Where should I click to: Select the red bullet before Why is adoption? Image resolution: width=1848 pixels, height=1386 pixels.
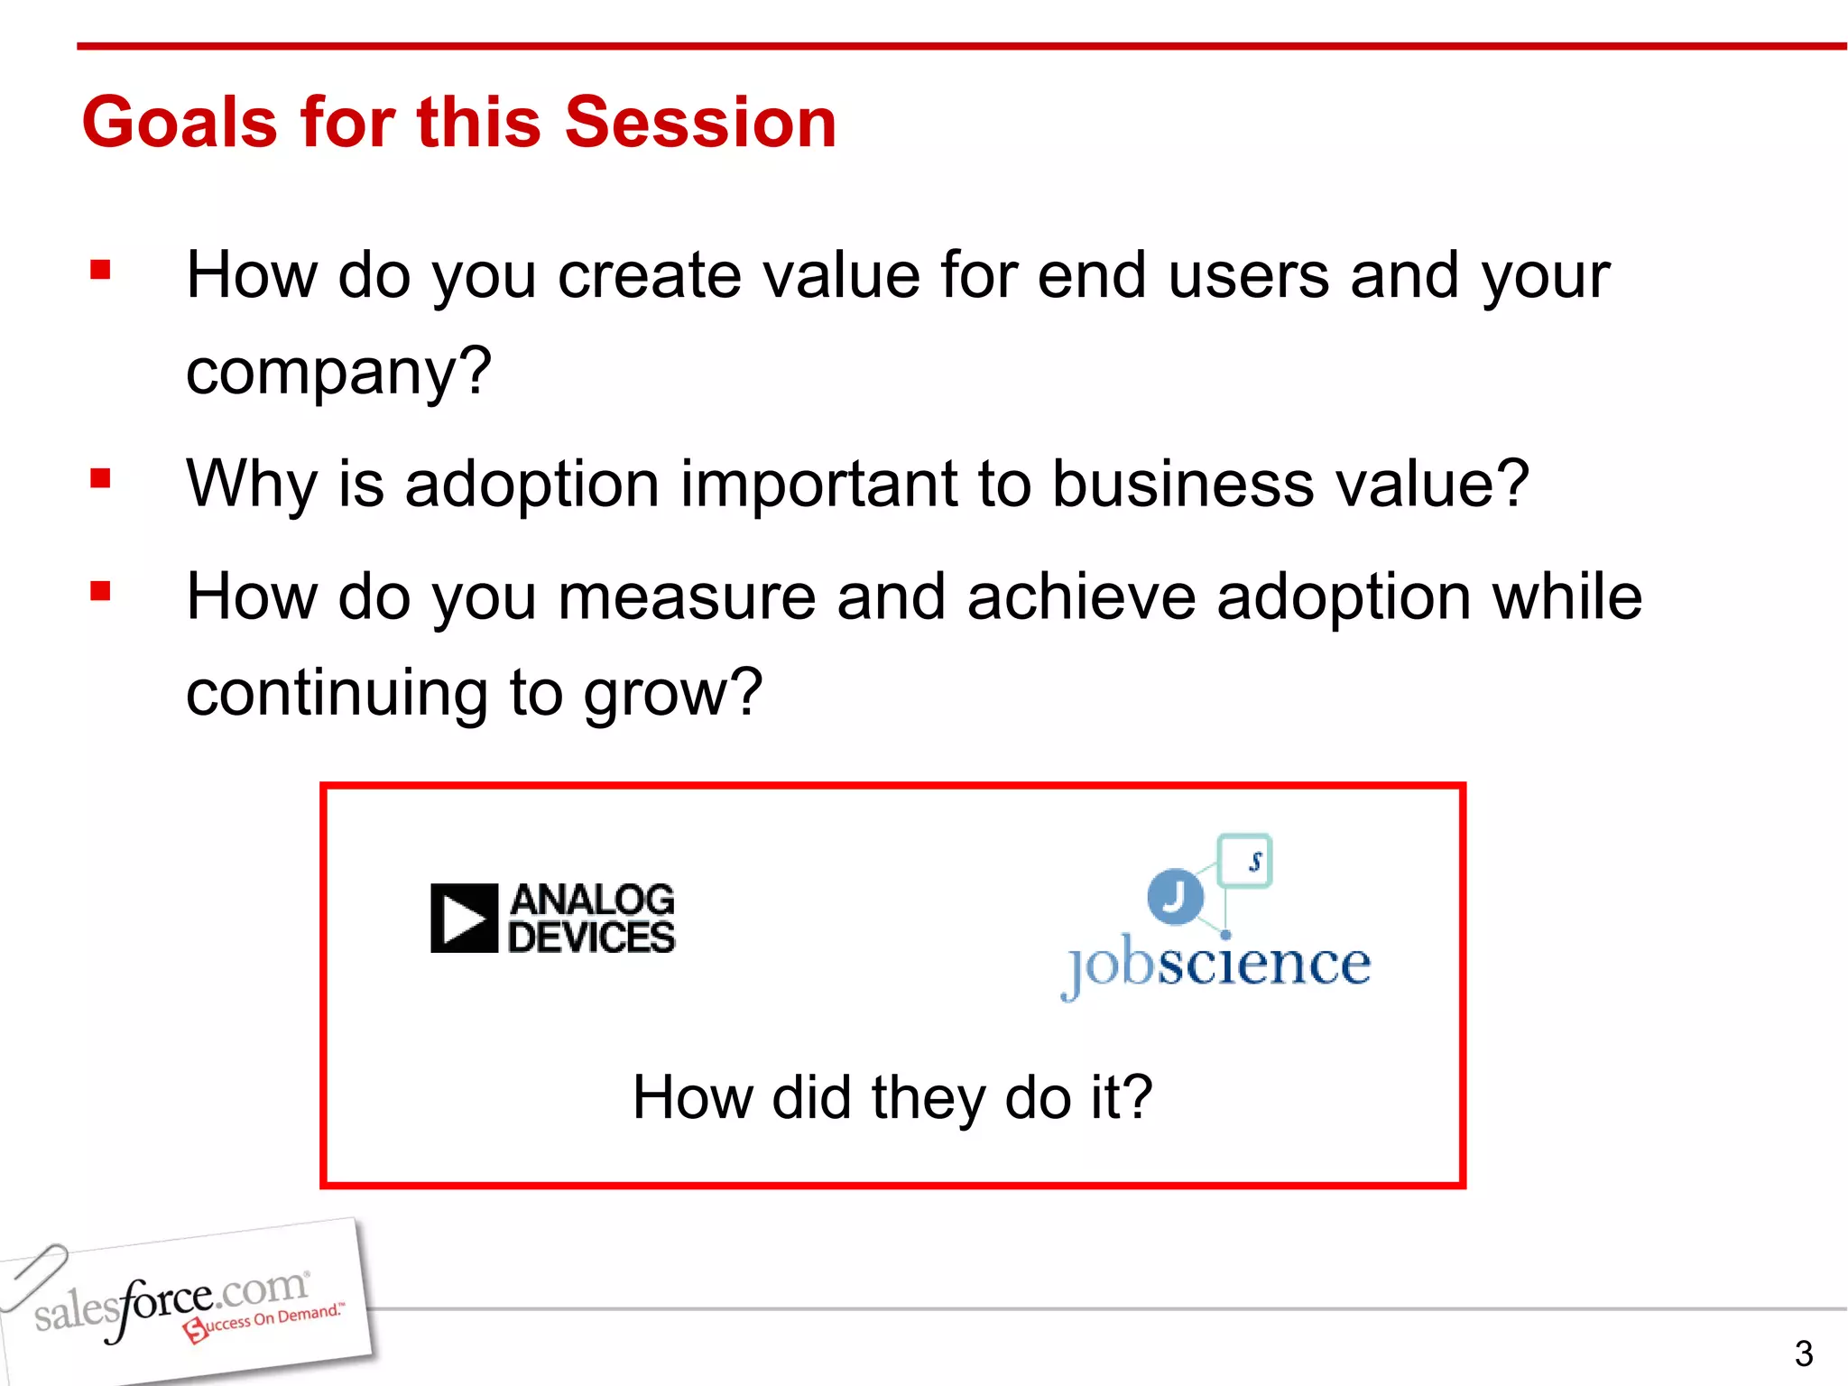point(100,478)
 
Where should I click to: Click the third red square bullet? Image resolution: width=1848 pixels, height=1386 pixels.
point(100,592)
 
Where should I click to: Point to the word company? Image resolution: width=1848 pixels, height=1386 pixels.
point(338,372)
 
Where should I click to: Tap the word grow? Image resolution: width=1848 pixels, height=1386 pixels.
point(672,693)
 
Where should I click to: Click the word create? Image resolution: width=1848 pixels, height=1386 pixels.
point(649,275)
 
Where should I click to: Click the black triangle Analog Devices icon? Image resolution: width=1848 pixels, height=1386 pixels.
point(464,919)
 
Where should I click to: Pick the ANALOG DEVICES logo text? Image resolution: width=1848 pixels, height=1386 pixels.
point(591,919)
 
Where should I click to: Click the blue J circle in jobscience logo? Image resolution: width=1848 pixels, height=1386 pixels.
point(1175,896)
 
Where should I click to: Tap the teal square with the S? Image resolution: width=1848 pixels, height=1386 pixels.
point(1245,861)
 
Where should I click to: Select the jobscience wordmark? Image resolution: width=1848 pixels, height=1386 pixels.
point(1216,966)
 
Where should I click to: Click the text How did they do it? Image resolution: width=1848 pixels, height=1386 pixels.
point(892,1097)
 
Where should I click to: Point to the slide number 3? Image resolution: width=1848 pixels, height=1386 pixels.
point(1803,1354)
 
